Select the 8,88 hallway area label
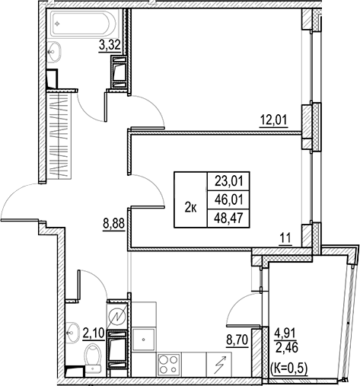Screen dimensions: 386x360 point(113,225)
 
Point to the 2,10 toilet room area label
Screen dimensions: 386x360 point(94,331)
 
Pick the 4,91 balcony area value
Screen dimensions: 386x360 point(286,332)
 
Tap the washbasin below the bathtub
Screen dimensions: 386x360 point(55,52)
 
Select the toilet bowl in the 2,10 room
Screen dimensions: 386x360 point(93,356)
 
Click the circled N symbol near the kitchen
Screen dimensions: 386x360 point(117,314)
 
